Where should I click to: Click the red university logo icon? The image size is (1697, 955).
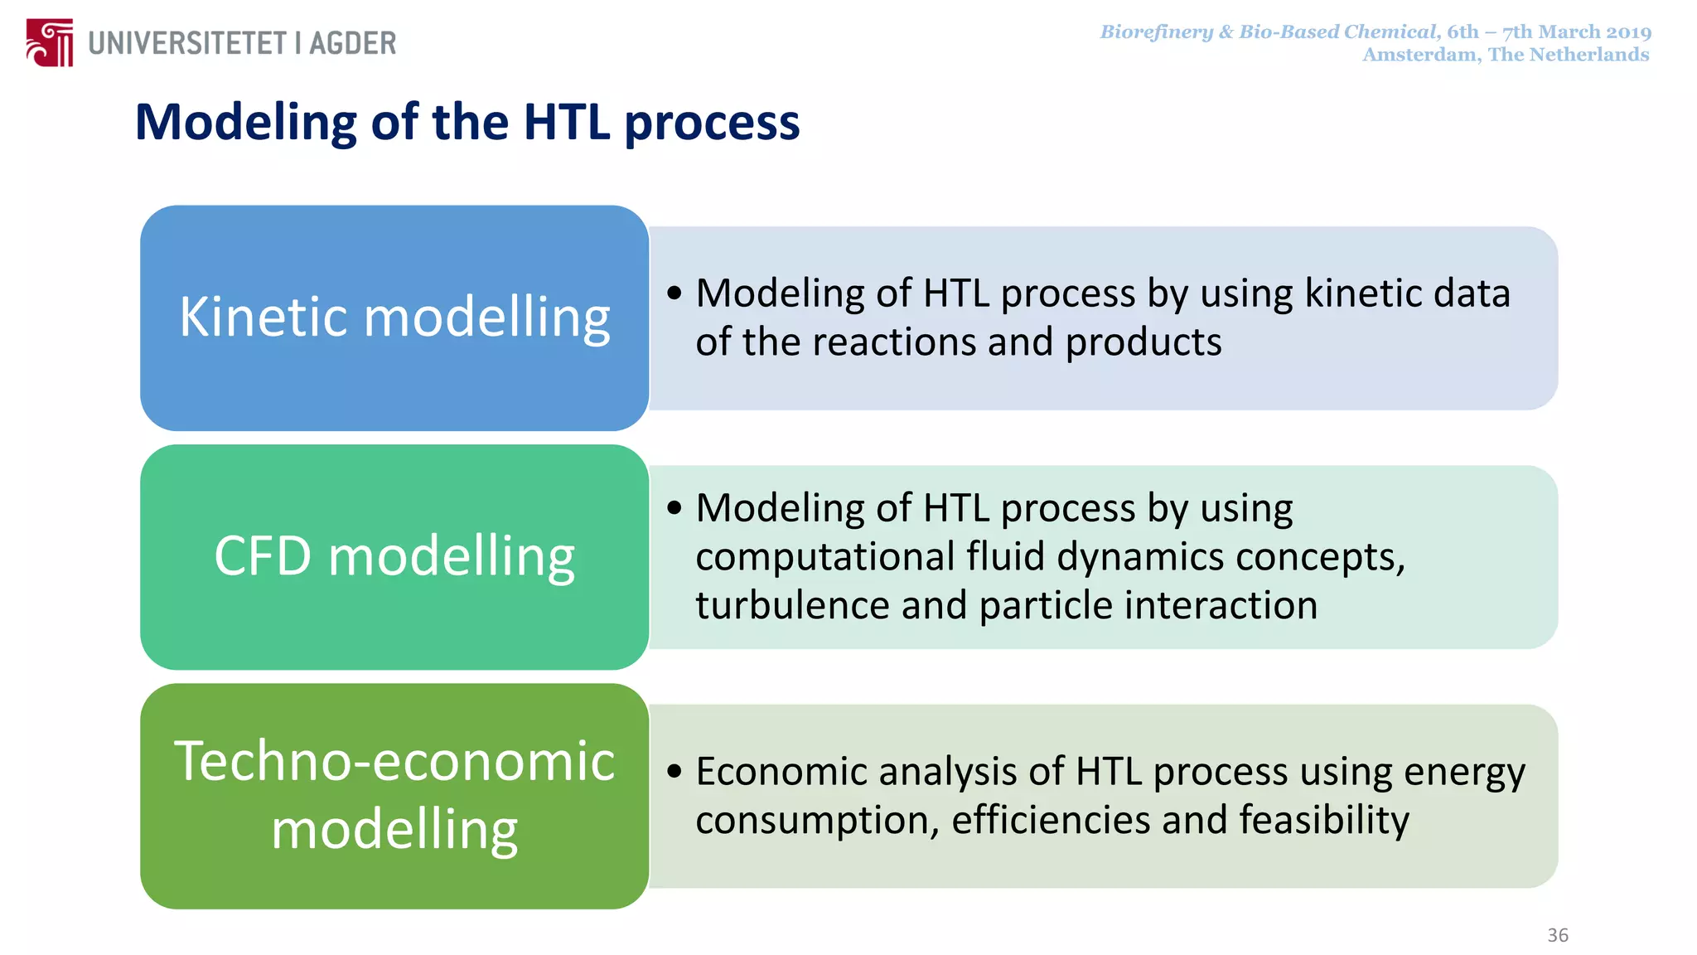click(49, 42)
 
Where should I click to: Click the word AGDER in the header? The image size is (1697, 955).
click(353, 43)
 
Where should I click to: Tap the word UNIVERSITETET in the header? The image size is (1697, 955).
click(187, 43)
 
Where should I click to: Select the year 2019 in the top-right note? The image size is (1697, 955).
click(1629, 32)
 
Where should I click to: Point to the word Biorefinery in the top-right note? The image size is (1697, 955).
click(1156, 32)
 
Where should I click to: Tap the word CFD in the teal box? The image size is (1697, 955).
click(263, 555)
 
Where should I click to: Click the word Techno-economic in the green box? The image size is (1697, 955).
click(394, 761)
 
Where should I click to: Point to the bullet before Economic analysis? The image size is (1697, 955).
click(674, 771)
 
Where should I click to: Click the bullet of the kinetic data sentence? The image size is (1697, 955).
click(674, 293)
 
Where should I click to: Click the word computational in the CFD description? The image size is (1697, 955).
click(824, 556)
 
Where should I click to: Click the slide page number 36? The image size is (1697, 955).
click(1558, 935)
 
